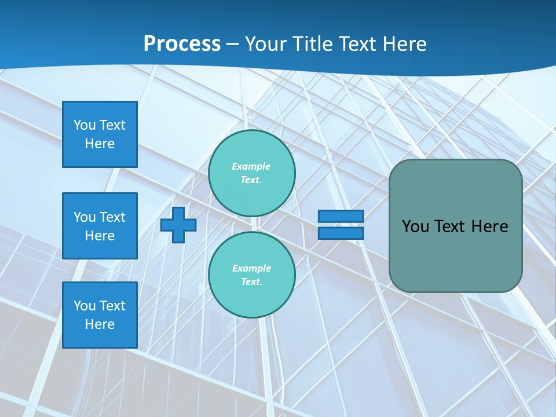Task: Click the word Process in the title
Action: coord(182,44)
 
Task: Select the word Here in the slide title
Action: coord(403,44)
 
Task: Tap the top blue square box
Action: coord(100,134)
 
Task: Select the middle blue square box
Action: coord(100,226)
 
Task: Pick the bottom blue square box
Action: coord(100,315)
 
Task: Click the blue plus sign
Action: coord(178,225)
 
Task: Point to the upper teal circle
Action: coord(252,173)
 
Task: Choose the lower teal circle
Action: coord(252,275)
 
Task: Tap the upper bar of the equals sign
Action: coord(341,217)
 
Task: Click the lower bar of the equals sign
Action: coord(341,233)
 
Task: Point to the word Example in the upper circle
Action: coord(251,166)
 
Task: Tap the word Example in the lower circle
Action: coord(251,268)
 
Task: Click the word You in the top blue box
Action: coord(84,125)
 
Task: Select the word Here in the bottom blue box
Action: coord(100,324)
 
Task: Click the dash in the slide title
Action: coord(233,44)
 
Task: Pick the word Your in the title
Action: coord(265,44)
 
